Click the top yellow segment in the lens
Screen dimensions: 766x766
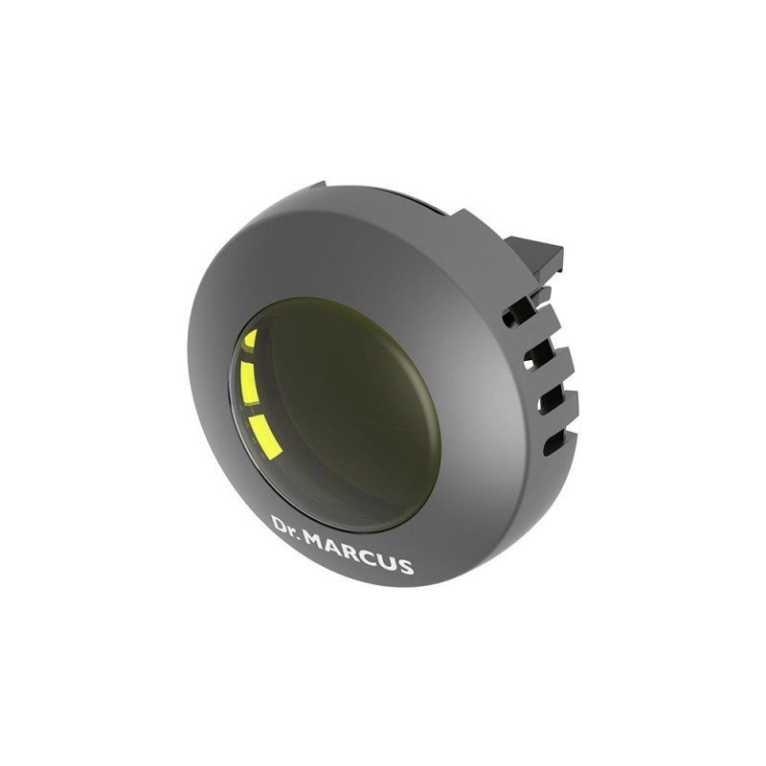point(251,339)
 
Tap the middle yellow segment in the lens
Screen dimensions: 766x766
point(249,383)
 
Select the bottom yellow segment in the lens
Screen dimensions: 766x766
point(265,438)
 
